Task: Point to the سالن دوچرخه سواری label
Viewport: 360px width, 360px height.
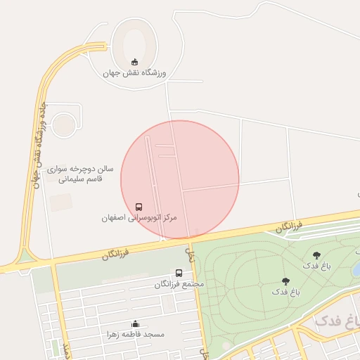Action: (x=81, y=169)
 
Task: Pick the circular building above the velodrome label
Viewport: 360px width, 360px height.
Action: (x=64, y=124)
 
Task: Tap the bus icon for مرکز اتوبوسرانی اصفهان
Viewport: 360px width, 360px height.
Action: (x=139, y=207)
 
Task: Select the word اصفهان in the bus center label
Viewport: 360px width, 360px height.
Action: (x=115, y=219)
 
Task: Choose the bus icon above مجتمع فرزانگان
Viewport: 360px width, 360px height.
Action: (x=179, y=273)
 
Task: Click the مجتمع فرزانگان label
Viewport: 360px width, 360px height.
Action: (x=179, y=284)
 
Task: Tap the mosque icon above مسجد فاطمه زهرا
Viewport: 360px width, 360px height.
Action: (x=135, y=323)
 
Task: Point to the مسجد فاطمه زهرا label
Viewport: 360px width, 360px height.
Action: (x=135, y=334)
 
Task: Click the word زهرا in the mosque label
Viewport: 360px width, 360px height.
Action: (x=115, y=334)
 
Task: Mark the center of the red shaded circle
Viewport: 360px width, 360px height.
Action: (x=180, y=179)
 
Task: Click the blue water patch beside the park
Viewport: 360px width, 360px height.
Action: (x=356, y=269)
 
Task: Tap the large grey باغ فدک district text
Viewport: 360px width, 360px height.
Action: (x=337, y=320)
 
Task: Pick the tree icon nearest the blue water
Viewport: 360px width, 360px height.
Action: (x=316, y=255)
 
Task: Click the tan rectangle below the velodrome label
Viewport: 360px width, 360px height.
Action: (x=60, y=202)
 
